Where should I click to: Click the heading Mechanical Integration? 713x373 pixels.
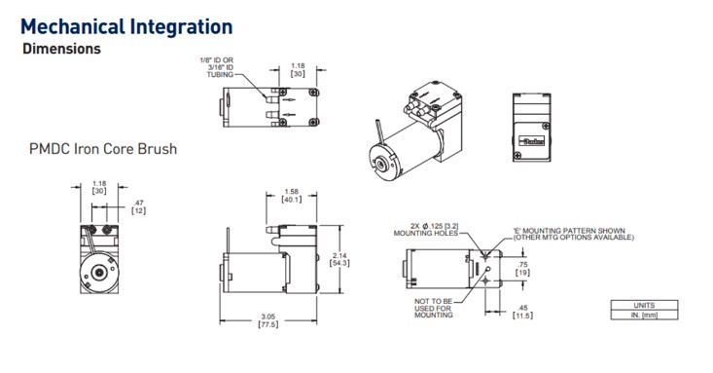click(125, 26)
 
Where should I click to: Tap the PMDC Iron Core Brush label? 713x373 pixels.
click(103, 150)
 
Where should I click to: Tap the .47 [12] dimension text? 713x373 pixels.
click(138, 206)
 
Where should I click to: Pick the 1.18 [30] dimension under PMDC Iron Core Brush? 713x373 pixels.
click(98, 187)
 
